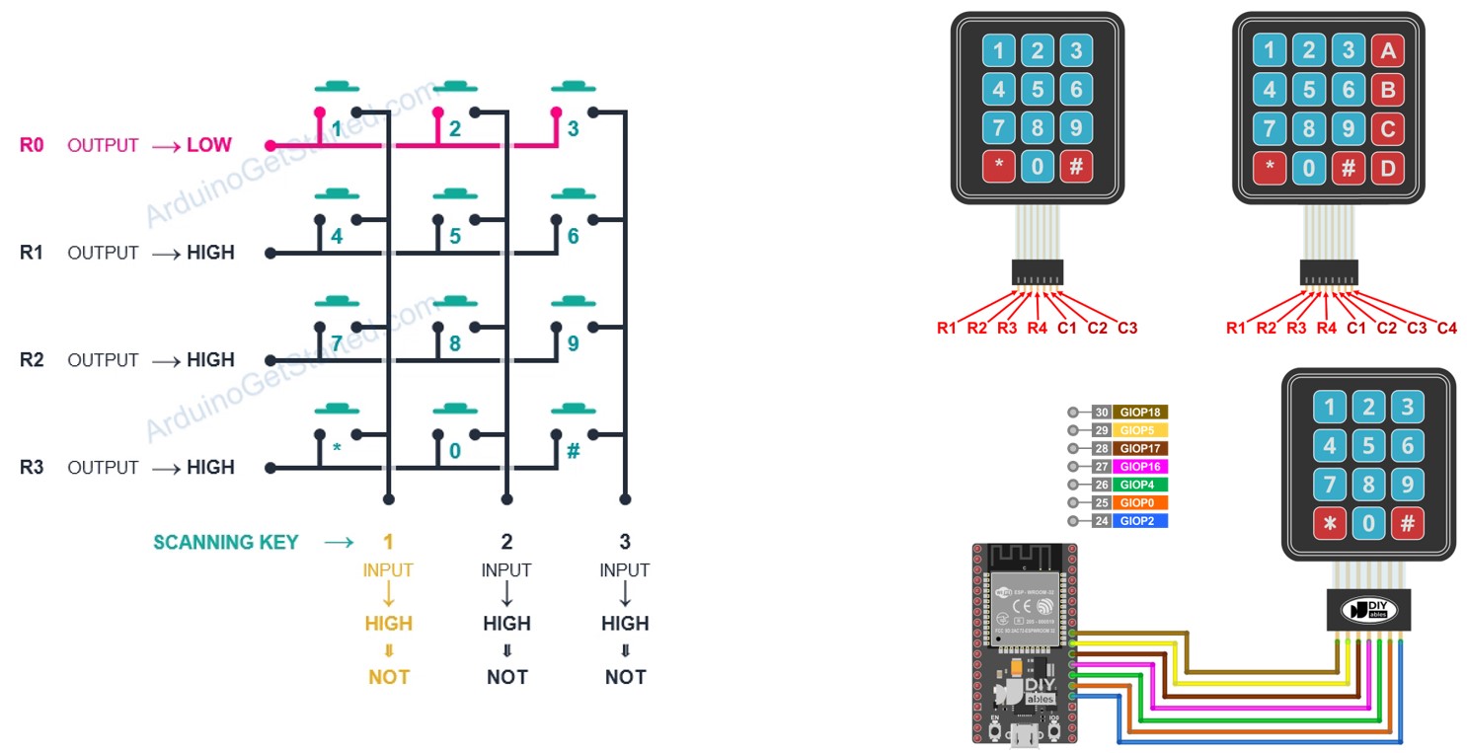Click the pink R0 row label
[32, 145]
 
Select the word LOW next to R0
[209, 145]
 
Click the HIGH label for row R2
[210, 360]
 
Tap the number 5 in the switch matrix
[455, 237]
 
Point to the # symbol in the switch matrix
[574, 450]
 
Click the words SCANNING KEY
[225, 542]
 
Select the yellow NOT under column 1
[389, 677]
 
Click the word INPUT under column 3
[625, 570]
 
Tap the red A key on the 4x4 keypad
[1386, 49]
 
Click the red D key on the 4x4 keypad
[1386, 168]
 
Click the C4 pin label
[1446, 328]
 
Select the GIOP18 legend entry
[1140, 413]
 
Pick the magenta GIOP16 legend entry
[1140, 467]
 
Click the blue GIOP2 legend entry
[1140, 520]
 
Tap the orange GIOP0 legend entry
[1140, 502]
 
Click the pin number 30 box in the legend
[1101, 413]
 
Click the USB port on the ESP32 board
[1024, 734]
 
